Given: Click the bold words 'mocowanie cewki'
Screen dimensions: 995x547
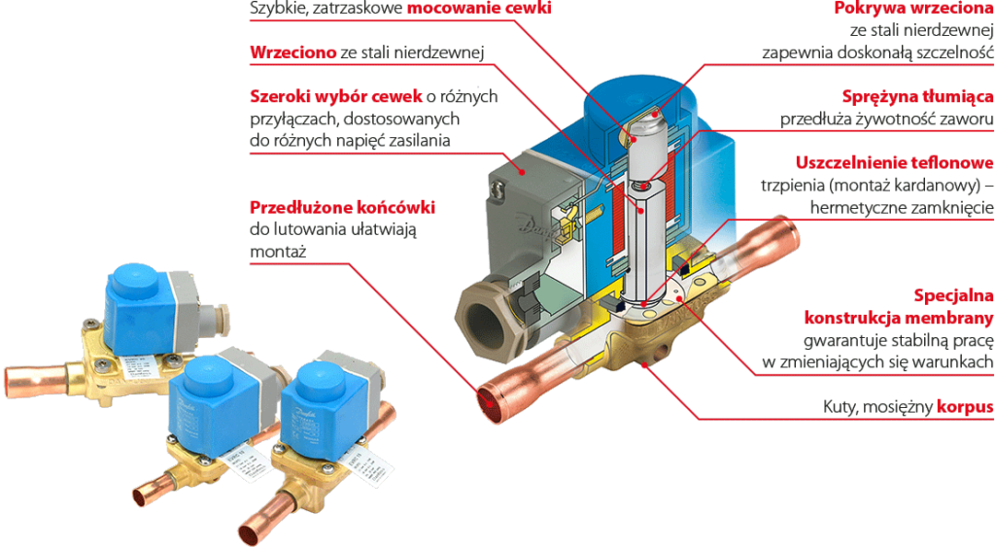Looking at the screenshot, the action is click(479, 8).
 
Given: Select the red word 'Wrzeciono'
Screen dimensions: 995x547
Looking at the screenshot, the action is click(293, 52).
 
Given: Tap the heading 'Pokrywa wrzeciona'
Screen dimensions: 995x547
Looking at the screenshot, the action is click(913, 8).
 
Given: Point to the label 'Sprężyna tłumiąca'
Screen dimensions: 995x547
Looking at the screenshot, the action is click(917, 96).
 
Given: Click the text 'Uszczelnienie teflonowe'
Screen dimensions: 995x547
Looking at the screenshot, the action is click(894, 162).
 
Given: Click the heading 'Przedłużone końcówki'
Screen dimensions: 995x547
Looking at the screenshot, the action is click(343, 208).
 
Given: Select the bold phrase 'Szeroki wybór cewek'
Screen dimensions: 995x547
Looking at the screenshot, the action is click(335, 96).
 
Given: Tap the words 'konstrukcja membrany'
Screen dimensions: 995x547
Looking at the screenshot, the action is click(899, 318).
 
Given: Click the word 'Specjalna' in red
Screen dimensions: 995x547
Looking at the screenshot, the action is click(954, 295).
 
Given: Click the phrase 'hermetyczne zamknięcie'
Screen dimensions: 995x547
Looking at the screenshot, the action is click(902, 208).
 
